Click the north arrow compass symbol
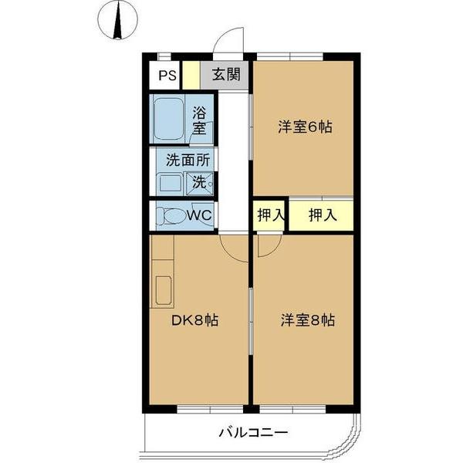(118, 22)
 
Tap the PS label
(167, 76)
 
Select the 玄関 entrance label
(226, 76)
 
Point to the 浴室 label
(199, 120)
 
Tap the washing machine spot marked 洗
(200, 183)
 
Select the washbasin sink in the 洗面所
(168, 184)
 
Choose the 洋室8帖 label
(306, 319)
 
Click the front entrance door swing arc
(227, 39)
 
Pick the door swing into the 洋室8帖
(267, 245)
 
